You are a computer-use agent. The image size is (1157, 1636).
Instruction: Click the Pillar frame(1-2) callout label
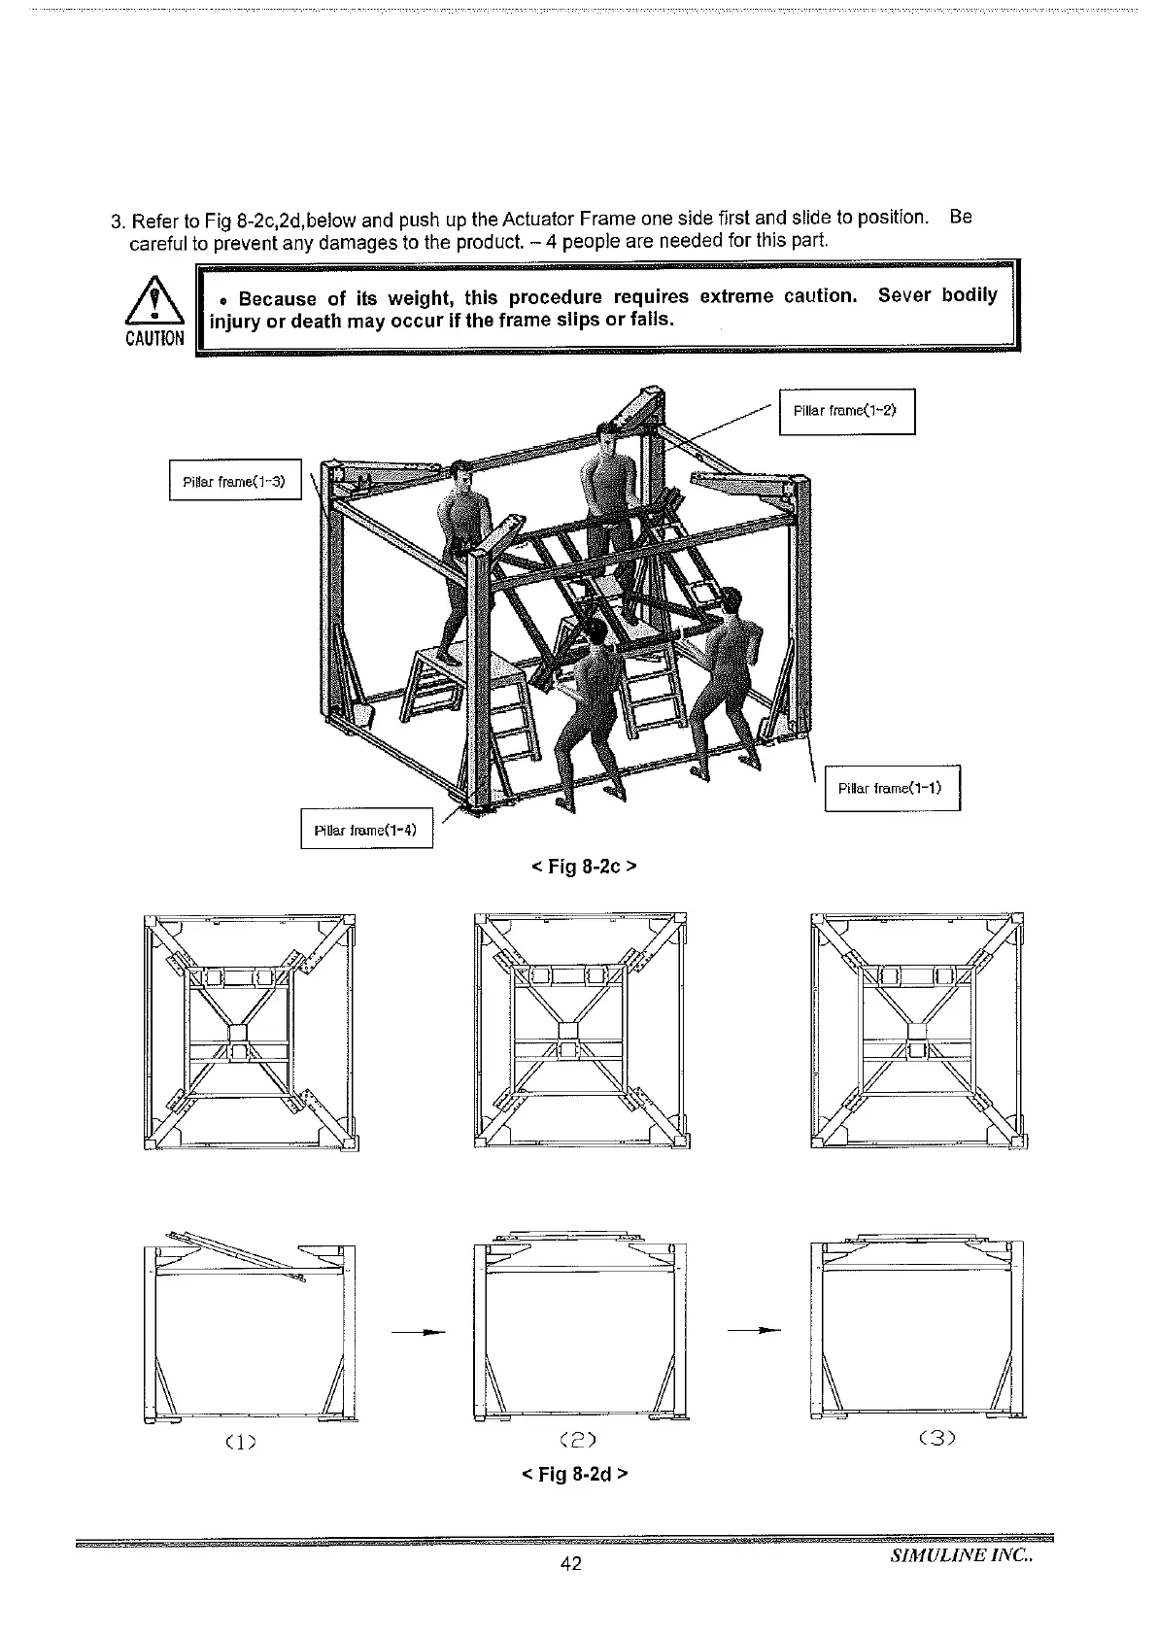point(846,411)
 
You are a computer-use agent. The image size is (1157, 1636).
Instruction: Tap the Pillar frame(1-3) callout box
point(235,480)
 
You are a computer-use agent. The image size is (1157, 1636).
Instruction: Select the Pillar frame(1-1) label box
point(891,788)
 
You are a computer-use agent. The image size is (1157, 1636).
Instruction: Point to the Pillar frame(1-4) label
point(366,830)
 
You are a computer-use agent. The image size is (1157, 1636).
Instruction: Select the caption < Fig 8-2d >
point(575,1474)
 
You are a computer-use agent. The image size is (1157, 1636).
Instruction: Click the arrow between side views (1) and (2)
point(419,1331)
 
